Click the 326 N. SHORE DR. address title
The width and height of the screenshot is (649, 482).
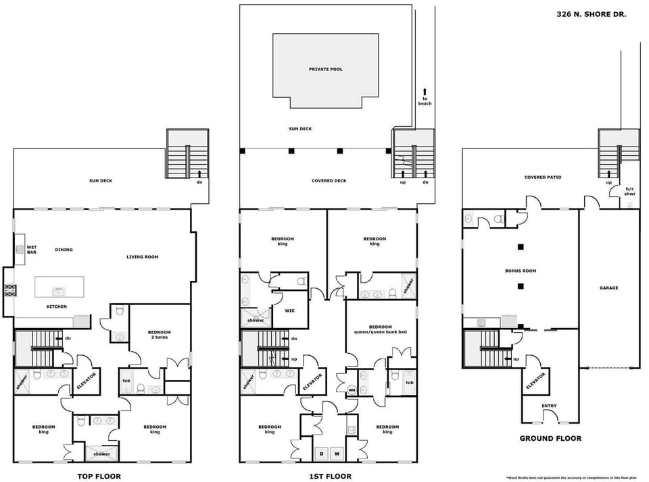click(x=591, y=14)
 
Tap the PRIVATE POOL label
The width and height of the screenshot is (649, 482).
click(x=325, y=70)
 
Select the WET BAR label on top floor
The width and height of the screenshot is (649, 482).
click(x=31, y=250)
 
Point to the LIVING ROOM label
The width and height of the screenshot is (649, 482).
click(x=142, y=257)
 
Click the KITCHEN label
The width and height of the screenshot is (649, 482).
click(x=56, y=306)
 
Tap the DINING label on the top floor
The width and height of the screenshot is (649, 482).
click(x=64, y=250)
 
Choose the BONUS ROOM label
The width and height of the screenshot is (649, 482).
click(x=520, y=271)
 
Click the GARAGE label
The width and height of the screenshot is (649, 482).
click(x=608, y=288)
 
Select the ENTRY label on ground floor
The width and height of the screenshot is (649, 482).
click(x=549, y=406)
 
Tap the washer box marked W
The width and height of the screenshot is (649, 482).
click(x=335, y=453)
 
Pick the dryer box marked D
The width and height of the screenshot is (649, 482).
click(x=320, y=453)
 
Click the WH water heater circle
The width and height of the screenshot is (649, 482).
click(x=352, y=390)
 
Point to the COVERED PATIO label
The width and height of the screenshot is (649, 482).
click(x=543, y=178)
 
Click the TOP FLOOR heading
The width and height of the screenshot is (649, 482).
click(x=99, y=476)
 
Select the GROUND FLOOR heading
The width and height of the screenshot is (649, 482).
click(x=550, y=438)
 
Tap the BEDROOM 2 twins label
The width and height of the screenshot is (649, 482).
click(x=160, y=335)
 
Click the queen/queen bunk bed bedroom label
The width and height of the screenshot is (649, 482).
click(x=381, y=329)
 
